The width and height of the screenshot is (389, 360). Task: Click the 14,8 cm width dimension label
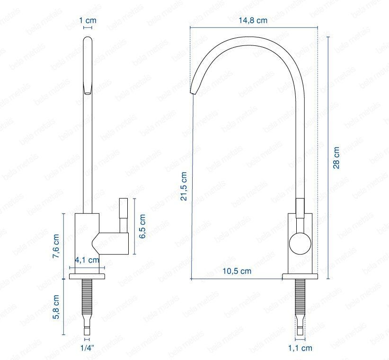coord(253,20)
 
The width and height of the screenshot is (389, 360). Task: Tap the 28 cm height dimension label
coord(336,158)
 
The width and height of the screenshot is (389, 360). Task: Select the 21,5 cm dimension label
coord(184,186)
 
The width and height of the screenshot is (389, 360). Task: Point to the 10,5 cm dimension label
coord(237,271)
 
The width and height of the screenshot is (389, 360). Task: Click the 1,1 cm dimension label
coord(300,348)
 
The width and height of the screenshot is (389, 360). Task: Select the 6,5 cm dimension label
coord(142,226)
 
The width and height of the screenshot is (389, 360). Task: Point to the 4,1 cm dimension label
coord(87,260)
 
